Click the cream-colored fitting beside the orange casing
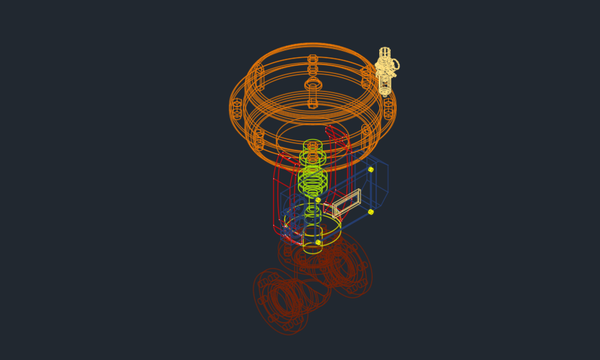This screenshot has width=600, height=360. (385, 70)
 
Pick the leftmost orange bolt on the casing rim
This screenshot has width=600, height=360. (237, 108)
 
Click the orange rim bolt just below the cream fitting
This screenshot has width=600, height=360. (389, 107)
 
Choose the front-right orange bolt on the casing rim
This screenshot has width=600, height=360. (366, 135)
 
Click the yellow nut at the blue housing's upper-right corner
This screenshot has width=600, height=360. (371, 169)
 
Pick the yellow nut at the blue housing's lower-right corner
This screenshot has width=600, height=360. (371, 212)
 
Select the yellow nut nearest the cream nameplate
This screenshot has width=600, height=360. (318, 200)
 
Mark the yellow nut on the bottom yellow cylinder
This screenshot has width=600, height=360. (318, 242)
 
